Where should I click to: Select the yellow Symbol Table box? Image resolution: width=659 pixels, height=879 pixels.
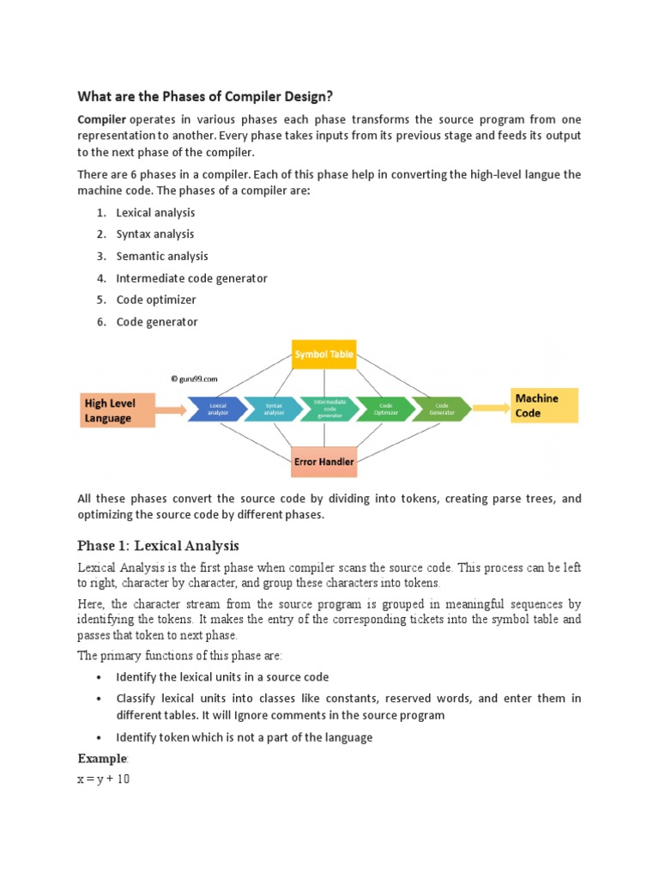coord(323,354)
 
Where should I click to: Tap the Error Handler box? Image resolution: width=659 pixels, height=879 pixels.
coord(323,462)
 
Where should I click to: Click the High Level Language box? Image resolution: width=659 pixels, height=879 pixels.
coord(118,409)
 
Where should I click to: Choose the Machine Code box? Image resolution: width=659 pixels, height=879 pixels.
coord(544,405)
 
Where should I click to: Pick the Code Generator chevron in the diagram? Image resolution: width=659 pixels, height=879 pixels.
coord(440,409)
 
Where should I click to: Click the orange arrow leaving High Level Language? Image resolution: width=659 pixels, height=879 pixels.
coord(172,409)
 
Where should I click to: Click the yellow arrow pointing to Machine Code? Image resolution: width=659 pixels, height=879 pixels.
coord(491,409)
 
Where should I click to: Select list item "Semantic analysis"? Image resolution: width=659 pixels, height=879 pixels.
coord(162,256)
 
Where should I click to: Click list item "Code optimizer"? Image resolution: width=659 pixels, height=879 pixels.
coord(156,300)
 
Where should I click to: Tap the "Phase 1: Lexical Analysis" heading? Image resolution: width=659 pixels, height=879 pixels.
coord(158,546)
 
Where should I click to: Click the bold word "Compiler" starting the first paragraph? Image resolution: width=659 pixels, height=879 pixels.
coord(102,119)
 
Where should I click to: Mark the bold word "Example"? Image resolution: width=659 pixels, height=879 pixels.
coord(102,759)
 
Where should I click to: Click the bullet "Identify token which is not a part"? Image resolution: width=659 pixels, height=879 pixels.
coord(244,737)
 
